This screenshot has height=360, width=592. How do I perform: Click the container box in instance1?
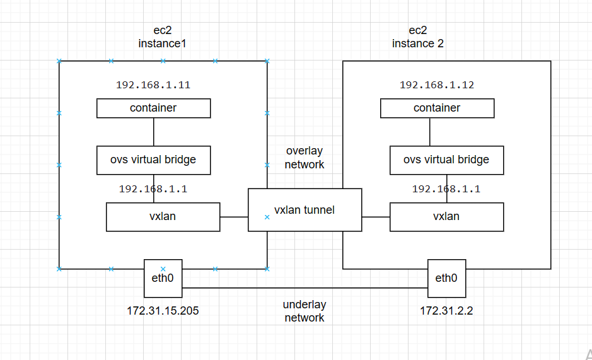153,108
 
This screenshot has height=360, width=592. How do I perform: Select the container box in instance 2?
437,108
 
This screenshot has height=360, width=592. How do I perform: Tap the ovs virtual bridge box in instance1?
153,160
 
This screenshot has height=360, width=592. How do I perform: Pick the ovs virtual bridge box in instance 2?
446,160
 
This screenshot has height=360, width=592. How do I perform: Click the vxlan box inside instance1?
163,216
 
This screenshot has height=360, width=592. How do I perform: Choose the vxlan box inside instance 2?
446,216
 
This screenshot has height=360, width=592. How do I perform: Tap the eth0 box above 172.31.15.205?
163,278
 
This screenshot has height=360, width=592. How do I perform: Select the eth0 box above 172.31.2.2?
446,278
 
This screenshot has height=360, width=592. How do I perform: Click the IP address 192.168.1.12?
437,85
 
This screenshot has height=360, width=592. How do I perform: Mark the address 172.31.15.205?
163,311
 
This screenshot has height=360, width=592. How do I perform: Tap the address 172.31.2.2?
446,311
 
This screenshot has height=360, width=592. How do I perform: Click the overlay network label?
305,158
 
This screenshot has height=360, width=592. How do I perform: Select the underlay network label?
305,311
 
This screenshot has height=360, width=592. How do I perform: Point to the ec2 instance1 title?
163,37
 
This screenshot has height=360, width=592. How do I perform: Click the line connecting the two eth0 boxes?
305,288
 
